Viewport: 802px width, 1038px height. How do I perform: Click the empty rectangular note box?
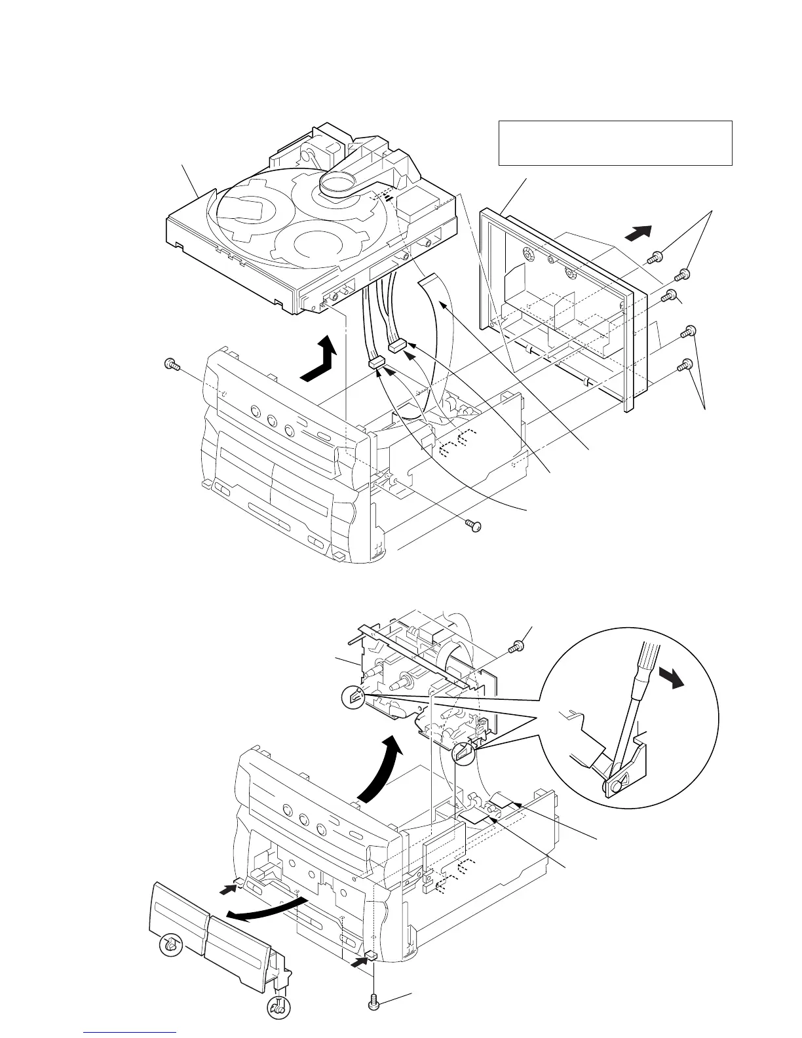(615, 142)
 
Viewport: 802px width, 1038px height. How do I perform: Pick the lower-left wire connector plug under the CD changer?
(375, 362)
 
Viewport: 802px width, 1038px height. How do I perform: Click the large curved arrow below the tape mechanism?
(377, 770)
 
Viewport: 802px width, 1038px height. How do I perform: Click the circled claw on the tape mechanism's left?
(353, 699)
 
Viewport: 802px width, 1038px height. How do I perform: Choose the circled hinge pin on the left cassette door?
(170, 945)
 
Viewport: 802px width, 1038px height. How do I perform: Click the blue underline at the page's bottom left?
(130, 1034)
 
